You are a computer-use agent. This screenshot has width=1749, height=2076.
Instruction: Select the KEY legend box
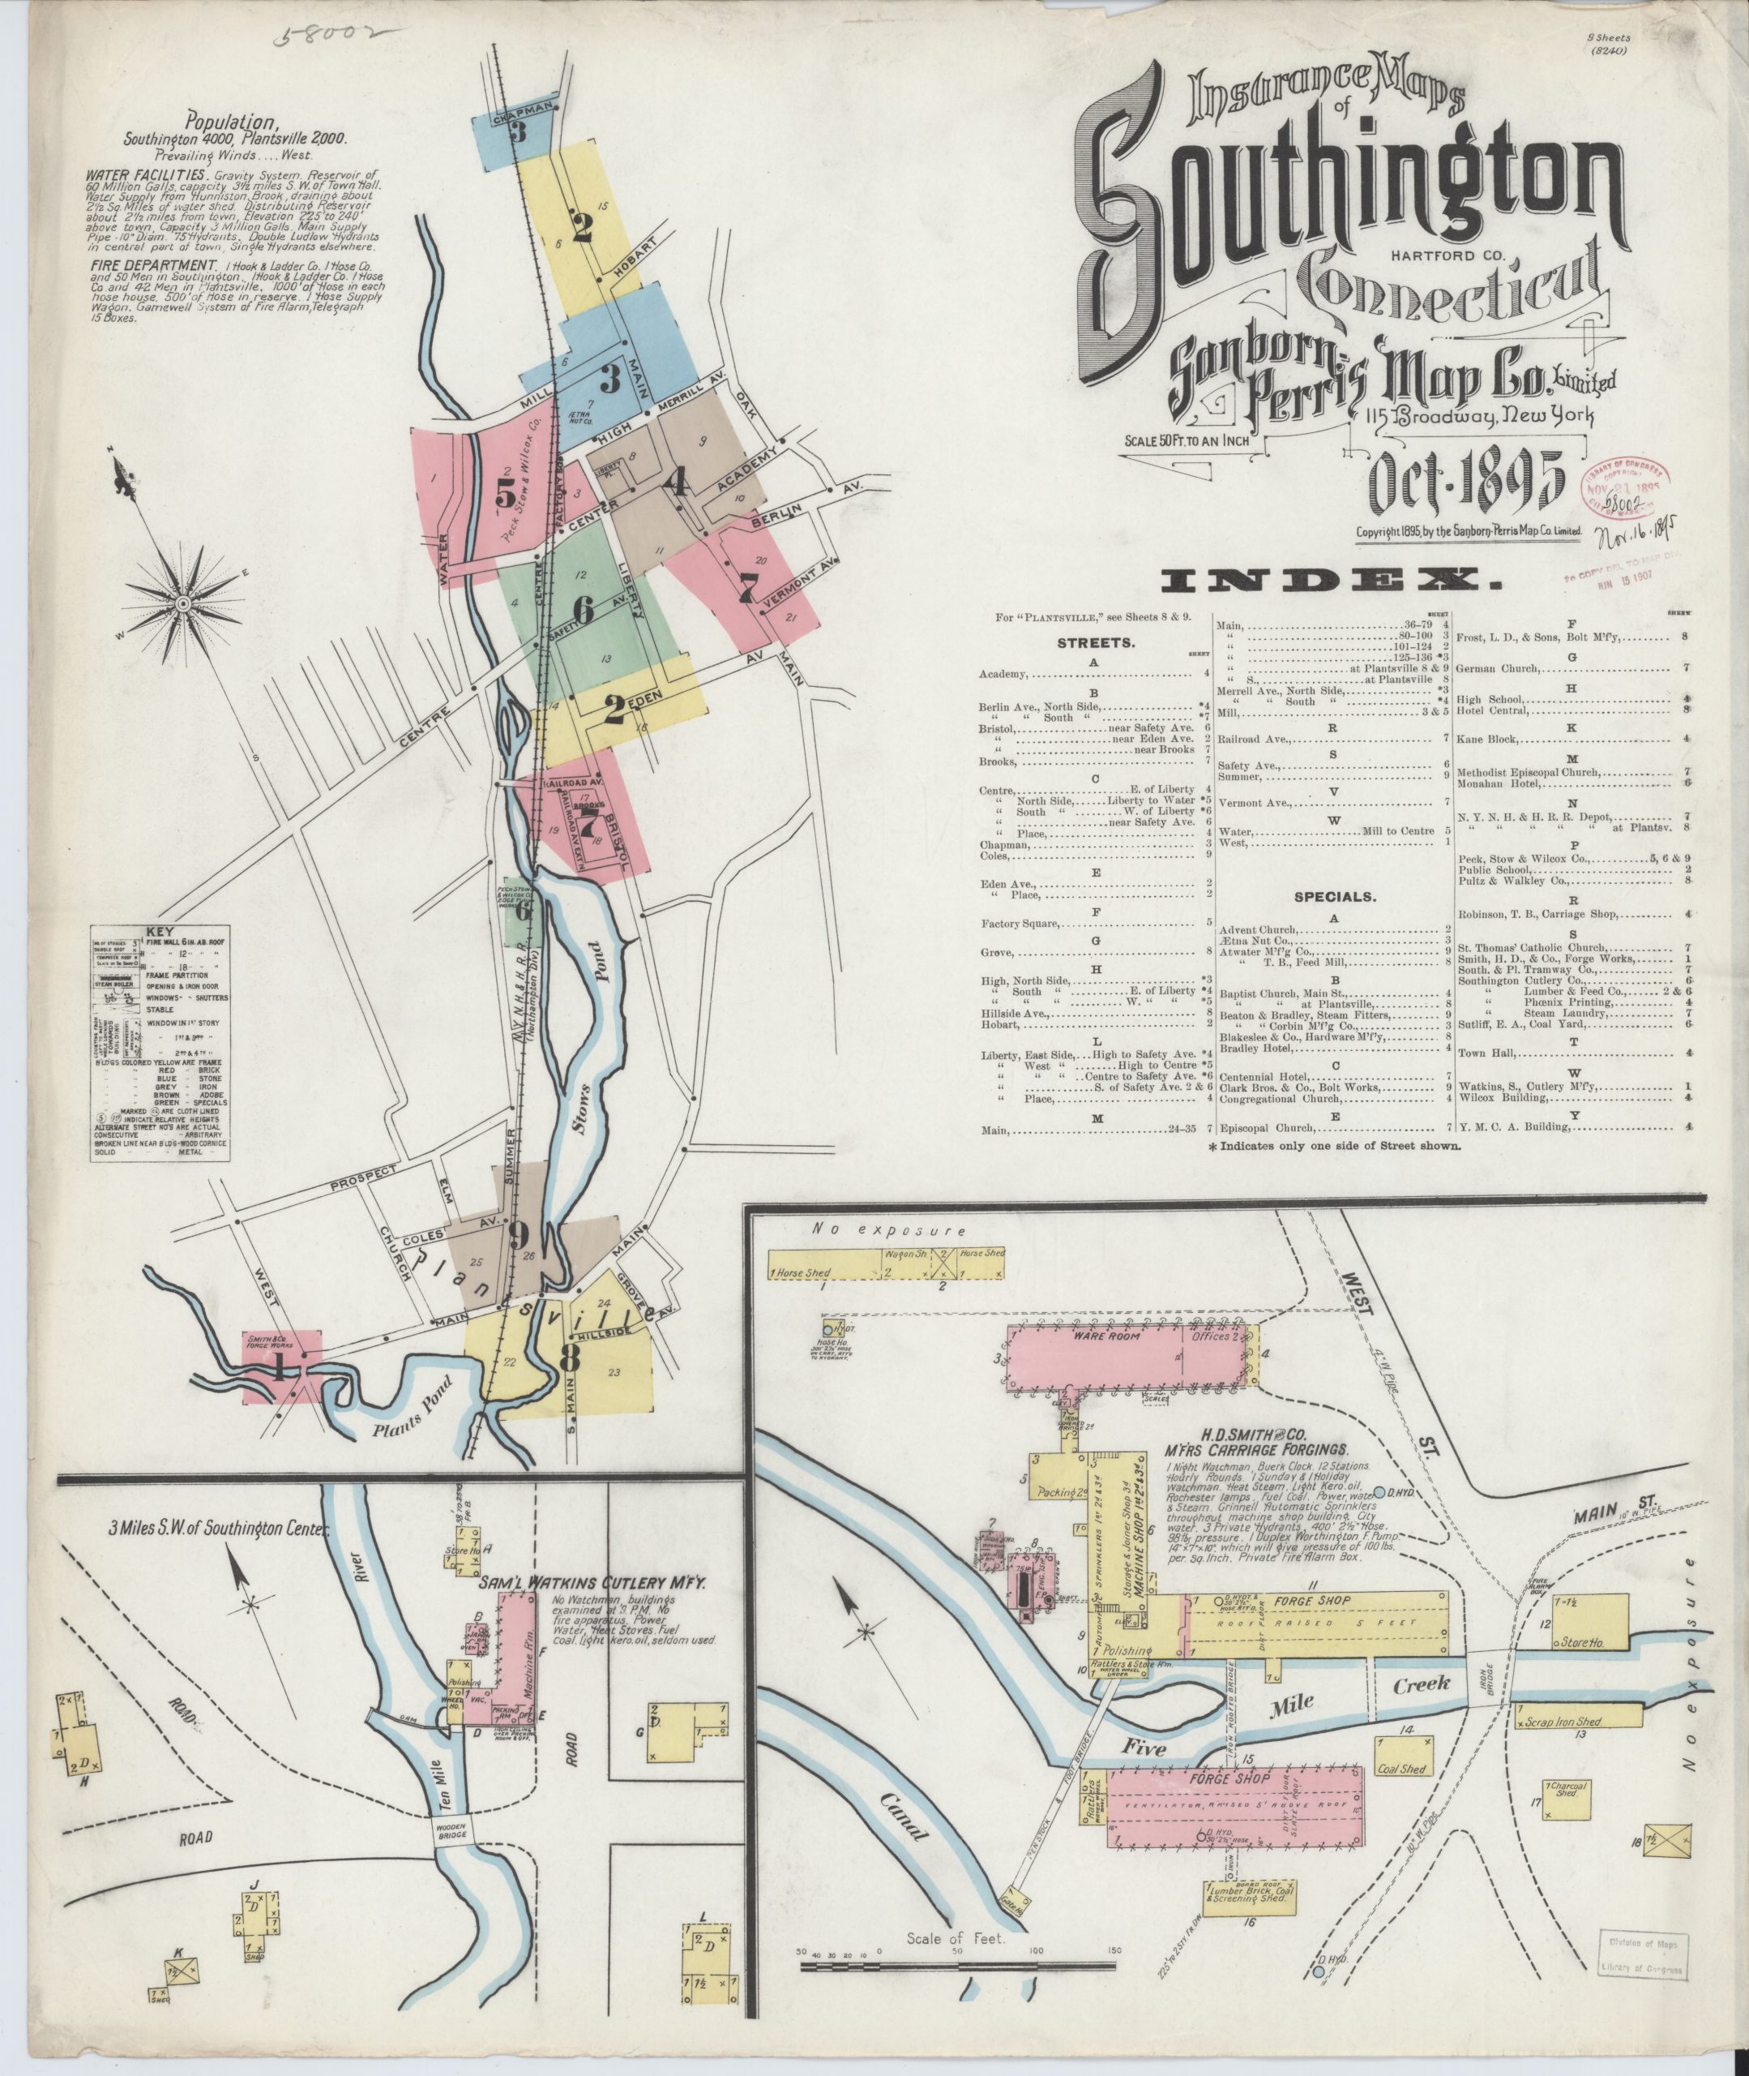pos(160,1040)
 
